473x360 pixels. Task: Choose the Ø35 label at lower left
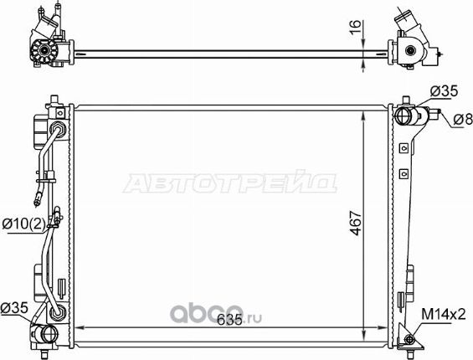[x=16, y=306]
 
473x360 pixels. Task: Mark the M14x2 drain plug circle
[x=409, y=339]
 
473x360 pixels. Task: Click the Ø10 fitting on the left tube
[x=54, y=219]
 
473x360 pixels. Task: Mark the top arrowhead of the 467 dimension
[x=362, y=111]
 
